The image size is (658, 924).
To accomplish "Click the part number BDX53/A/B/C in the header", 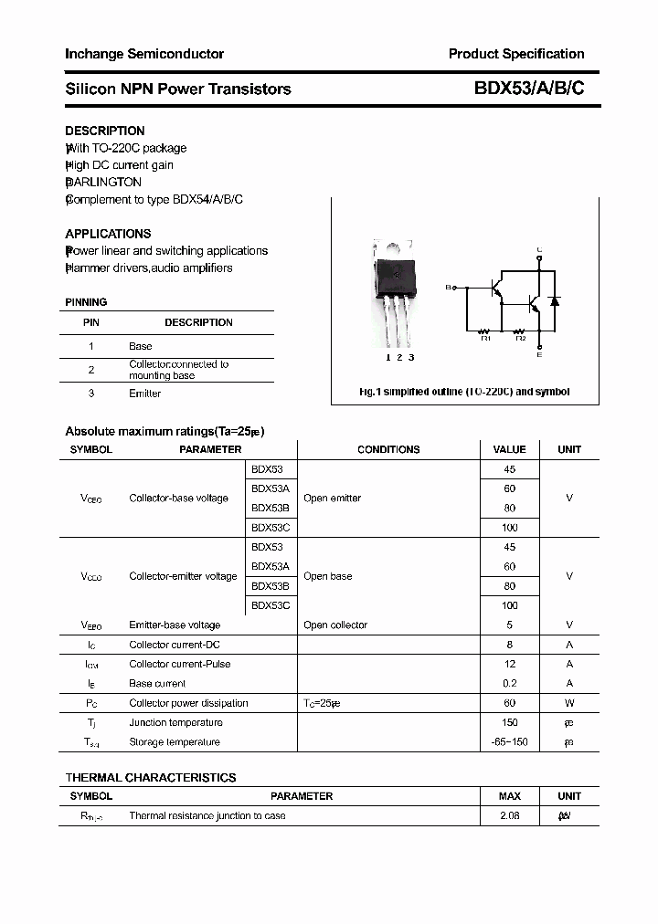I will (x=529, y=89).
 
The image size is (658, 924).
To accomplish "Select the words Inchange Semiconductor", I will (x=144, y=54).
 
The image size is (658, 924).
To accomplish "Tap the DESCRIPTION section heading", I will (x=105, y=131).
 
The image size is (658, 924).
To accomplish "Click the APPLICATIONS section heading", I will (x=108, y=234).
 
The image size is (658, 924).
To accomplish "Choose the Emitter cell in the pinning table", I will (x=144, y=394).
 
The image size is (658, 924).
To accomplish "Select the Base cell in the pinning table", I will (x=140, y=346).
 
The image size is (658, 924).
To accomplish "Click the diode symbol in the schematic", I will (x=553, y=300).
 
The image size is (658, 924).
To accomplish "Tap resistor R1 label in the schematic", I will (x=485, y=339).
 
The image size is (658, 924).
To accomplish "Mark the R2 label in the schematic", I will (x=520, y=339).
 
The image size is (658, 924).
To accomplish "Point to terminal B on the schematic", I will (x=449, y=288).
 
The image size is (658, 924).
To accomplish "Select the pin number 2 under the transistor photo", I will (x=399, y=357).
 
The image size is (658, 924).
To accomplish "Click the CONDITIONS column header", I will (x=388, y=449).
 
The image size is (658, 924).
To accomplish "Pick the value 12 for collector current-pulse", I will (x=509, y=664).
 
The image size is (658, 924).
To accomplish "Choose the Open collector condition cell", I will (x=335, y=625).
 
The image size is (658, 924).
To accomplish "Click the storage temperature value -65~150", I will (x=509, y=741).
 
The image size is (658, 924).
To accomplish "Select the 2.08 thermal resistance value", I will (x=509, y=815).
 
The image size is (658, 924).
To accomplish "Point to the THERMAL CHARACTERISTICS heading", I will (x=151, y=778).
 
